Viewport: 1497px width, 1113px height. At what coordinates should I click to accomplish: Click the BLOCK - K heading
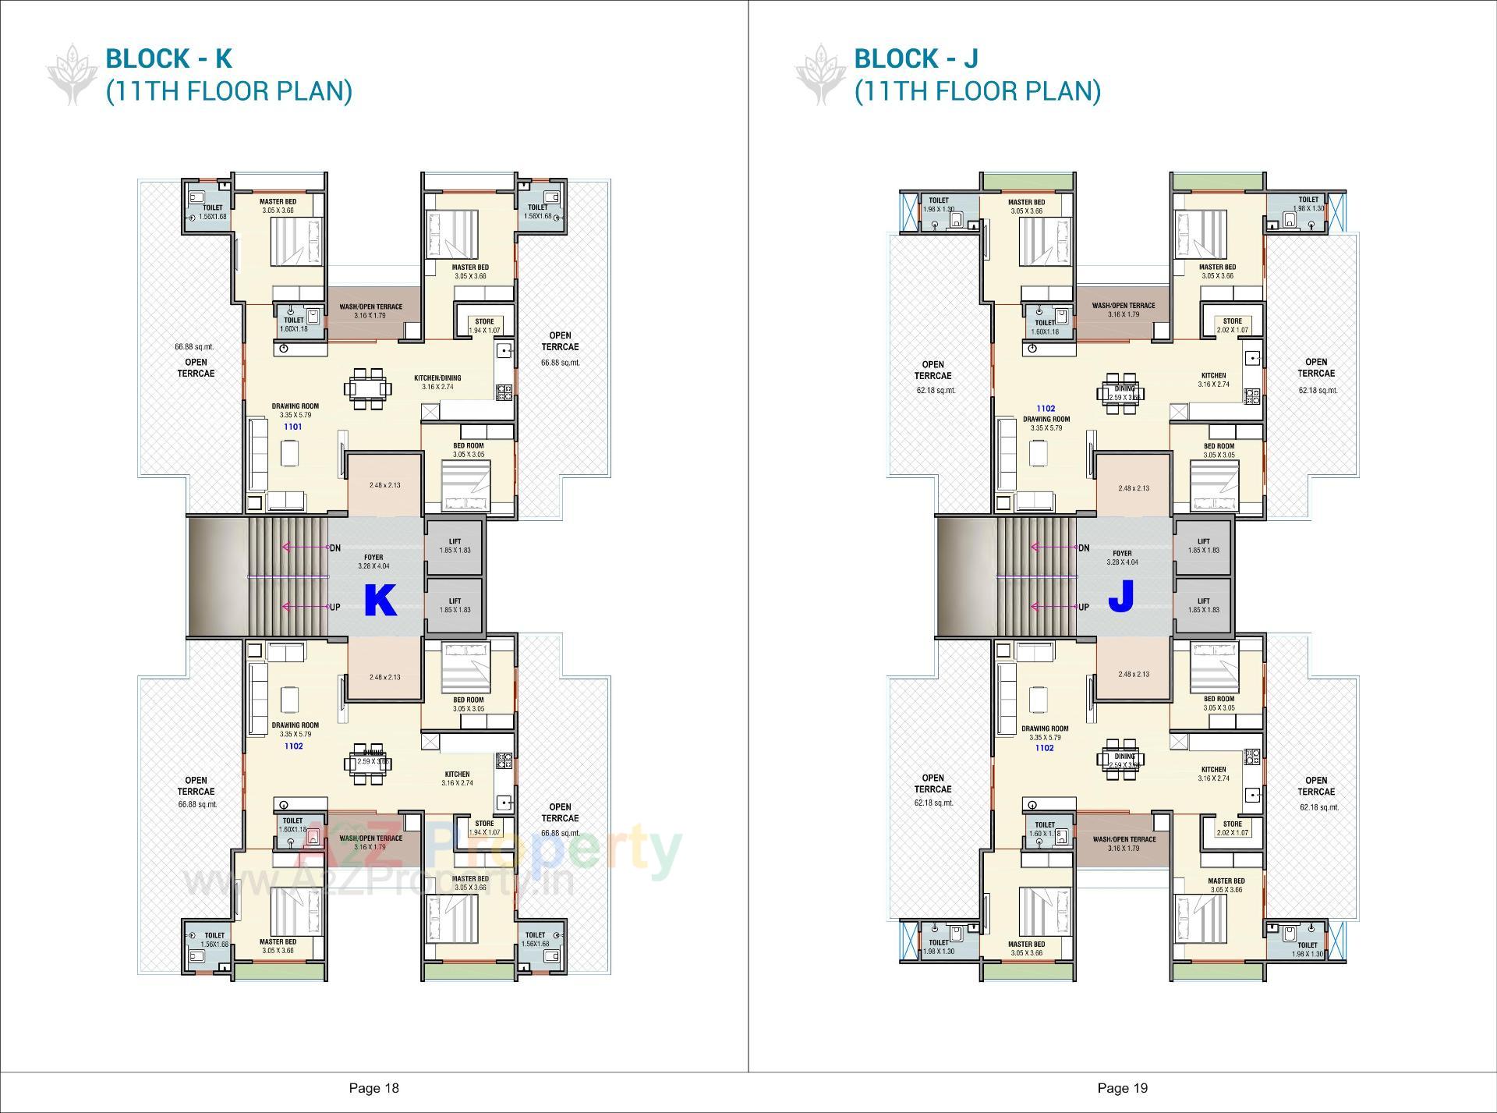(x=168, y=58)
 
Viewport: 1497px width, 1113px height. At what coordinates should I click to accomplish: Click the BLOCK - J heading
(x=916, y=58)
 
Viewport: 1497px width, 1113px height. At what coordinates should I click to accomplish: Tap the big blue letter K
(x=380, y=601)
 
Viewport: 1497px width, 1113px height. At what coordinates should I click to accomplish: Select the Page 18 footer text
(x=373, y=1088)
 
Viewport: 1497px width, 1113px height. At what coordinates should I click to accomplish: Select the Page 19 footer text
(x=1122, y=1088)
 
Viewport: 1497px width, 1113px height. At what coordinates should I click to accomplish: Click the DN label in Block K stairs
(x=334, y=548)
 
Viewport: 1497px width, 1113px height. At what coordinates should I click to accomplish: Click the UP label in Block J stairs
(x=1083, y=607)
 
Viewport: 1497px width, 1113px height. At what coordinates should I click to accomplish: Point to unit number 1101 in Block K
(x=292, y=427)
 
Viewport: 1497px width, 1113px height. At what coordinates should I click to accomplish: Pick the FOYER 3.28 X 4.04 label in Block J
(x=1122, y=557)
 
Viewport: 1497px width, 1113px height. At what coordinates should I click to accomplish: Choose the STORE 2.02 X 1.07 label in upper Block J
(x=1232, y=325)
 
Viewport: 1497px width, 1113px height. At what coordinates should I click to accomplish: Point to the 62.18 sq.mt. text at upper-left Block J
(x=936, y=390)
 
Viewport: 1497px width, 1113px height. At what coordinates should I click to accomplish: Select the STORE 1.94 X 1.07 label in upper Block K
(x=484, y=326)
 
